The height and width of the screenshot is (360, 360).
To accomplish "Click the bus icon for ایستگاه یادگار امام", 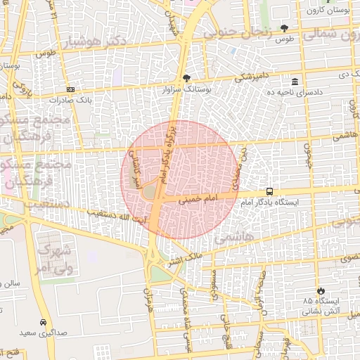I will [x=270, y=191].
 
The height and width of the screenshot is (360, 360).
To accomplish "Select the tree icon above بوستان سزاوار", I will [x=186, y=78].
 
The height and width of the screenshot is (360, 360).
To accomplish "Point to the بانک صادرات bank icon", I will [x=70, y=89].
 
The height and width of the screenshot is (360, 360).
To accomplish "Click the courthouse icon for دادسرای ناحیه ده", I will [x=294, y=82].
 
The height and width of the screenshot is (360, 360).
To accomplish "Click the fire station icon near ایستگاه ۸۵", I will [x=321, y=290].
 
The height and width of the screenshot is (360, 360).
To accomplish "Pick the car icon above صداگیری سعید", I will [x=44, y=321].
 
